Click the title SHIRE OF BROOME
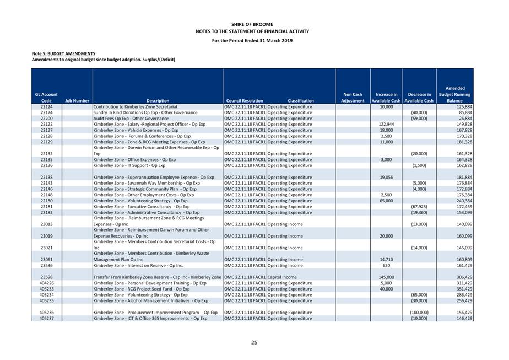click(254, 24)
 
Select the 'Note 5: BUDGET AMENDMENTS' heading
click(63, 53)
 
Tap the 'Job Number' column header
click(77, 101)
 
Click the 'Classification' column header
click(301, 101)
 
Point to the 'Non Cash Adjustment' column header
click(353, 98)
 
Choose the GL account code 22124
click(46, 106)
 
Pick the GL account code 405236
click(46, 312)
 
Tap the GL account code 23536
click(46, 265)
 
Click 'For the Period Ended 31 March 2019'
click(254, 40)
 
